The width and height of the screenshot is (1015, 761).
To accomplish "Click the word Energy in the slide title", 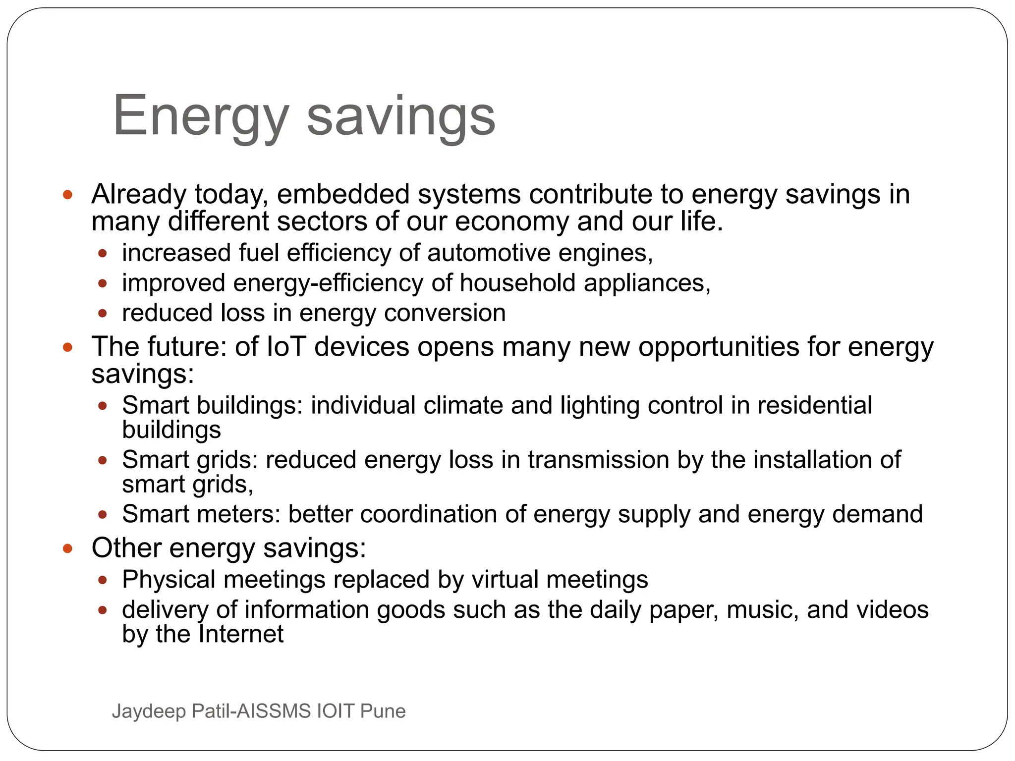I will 201,116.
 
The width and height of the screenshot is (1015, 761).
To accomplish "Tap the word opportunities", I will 719,346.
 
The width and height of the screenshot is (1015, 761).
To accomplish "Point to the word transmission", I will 598,460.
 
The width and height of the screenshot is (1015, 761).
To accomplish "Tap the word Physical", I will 169,579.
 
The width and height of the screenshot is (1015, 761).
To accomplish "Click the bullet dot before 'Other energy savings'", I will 68,548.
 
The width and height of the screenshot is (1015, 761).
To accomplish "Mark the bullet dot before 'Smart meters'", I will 103,515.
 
